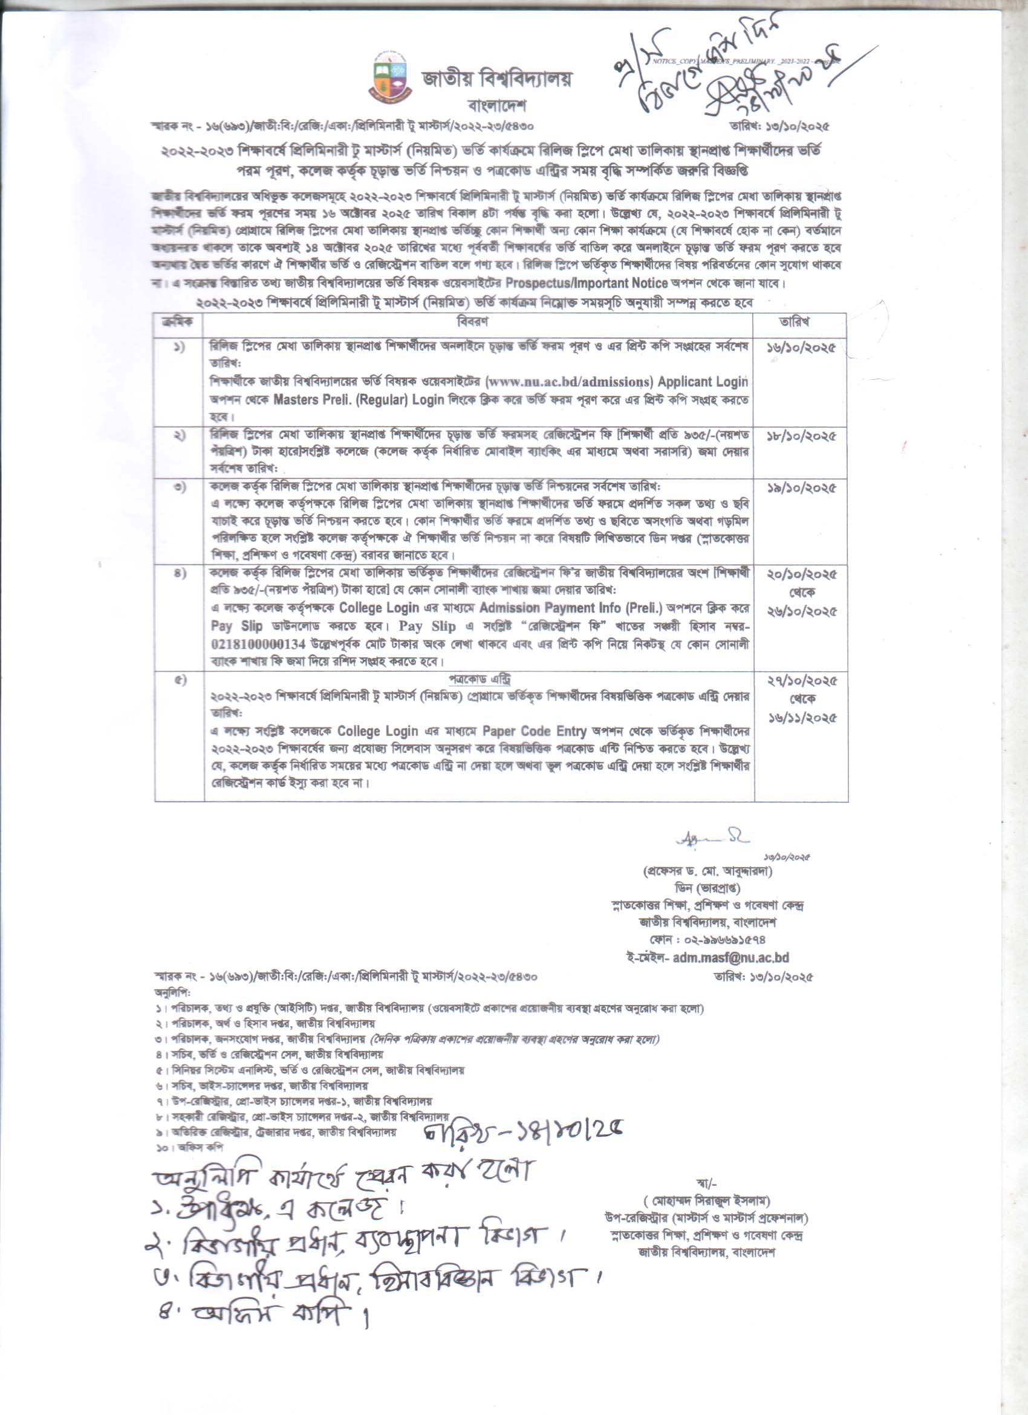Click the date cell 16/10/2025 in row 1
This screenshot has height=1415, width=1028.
click(x=801, y=348)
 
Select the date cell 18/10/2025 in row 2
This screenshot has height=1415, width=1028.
click(x=801, y=435)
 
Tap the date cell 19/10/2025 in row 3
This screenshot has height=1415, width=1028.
click(x=801, y=488)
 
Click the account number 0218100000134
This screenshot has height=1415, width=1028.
click(x=258, y=643)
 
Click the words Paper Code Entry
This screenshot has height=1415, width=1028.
click(x=534, y=730)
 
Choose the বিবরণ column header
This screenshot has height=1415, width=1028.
click(x=472, y=322)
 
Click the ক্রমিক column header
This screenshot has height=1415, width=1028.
click(x=178, y=322)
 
